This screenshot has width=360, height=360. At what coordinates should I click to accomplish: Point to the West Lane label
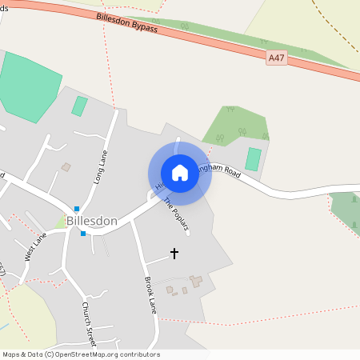click(x=35, y=246)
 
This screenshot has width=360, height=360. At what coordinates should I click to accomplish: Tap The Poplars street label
click(x=176, y=214)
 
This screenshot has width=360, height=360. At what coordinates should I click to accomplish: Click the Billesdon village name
click(x=92, y=221)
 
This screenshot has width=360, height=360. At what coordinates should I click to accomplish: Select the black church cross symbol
click(x=174, y=253)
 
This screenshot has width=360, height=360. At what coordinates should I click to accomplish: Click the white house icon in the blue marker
click(x=180, y=173)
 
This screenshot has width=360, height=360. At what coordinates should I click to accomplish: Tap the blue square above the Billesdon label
click(x=76, y=208)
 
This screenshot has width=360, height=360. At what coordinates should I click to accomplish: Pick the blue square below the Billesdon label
click(x=82, y=234)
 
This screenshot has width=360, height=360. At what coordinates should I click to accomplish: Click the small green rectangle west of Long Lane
click(x=79, y=106)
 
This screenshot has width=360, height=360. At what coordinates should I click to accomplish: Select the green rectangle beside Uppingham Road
click(x=253, y=158)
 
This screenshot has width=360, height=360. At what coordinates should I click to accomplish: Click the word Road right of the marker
click(x=232, y=171)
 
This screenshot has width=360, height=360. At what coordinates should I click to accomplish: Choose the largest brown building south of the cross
click(x=196, y=281)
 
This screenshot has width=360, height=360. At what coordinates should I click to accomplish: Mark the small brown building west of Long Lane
click(x=66, y=167)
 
